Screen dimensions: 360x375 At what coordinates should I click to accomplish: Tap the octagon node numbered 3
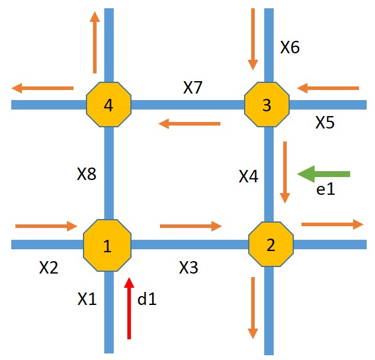coord(267,105)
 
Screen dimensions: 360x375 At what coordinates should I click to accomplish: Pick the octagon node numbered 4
coord(108,105)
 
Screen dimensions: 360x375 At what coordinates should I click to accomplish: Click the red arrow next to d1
coord(129,308)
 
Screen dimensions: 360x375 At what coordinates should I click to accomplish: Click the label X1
coord(86,300)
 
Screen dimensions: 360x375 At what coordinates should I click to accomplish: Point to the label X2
coord(49,268)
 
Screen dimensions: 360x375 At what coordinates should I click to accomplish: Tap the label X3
coord(188,268)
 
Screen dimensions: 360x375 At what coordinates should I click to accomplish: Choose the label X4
coord(248,176)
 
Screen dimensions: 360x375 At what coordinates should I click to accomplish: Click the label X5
coord(325,123)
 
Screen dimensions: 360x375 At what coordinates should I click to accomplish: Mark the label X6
coord(290,47)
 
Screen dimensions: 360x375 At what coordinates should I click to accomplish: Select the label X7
coord(193,88)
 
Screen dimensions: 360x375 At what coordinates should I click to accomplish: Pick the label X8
coord(86,174)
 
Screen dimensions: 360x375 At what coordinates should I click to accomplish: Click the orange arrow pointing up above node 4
coord(94,42)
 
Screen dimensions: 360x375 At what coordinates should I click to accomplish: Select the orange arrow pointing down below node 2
coord(253,307)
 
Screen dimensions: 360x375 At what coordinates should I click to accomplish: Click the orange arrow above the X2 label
coord(46,226)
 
